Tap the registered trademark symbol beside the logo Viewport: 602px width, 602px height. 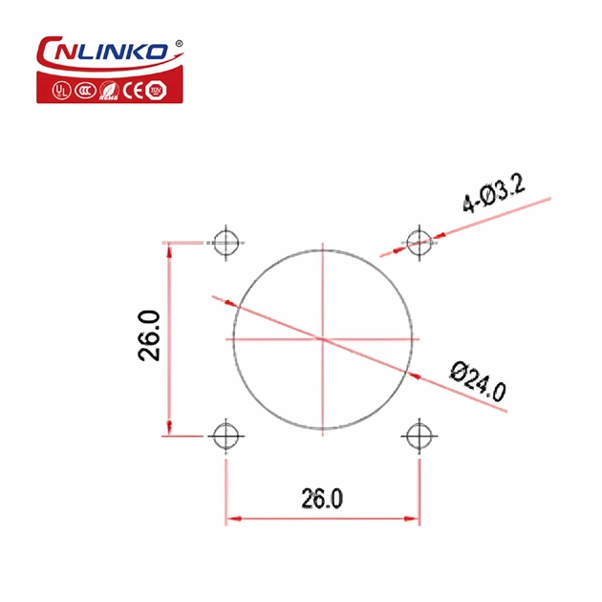177,42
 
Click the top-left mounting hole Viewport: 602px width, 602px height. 226,242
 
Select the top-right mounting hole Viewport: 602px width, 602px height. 418,242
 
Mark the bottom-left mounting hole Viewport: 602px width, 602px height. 226,436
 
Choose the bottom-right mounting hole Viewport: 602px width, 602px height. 418,436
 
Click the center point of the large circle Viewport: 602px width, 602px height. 324,339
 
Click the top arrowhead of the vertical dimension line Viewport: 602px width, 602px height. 169,248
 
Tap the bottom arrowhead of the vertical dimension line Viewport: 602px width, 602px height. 169,429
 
